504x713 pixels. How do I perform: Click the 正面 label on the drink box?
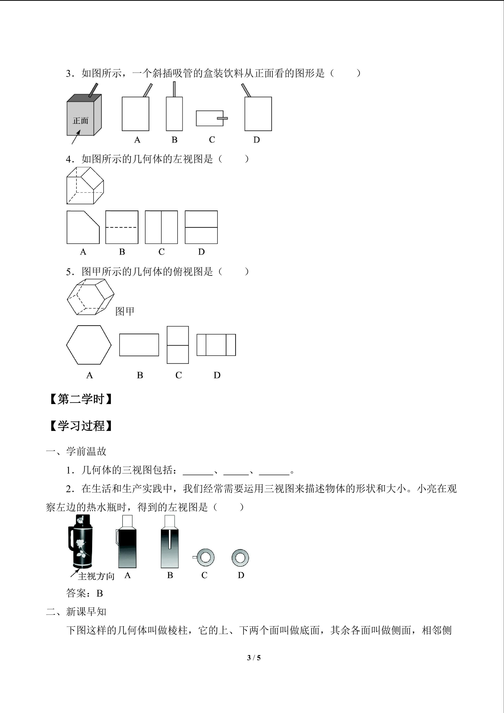tap(81, 120)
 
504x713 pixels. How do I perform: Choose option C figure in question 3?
tap(212, 118)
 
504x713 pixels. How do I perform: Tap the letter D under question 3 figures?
tap(256, 140)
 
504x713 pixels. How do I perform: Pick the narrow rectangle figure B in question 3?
tap(174, 106)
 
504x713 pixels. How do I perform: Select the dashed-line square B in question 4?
tap(122, 227)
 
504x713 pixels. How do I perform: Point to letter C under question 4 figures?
tap(161, 252)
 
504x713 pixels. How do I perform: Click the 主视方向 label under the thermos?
tap(96, 576)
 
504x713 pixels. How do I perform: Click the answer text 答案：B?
tap(84, 593)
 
